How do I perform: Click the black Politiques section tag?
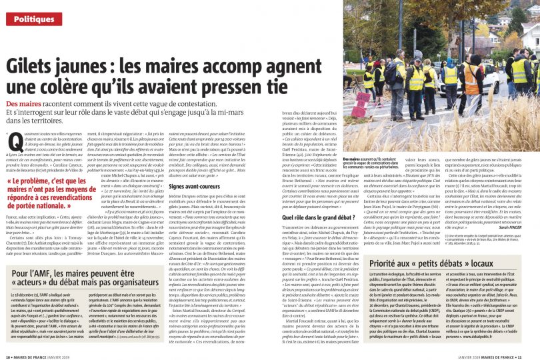pyautogui.click(x=34, y=19)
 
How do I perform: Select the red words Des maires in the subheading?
pyautogui.click(x=24, y=105)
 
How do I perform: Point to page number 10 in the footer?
pyautogui.click(x=8, y=355)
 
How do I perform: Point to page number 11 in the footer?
pyautogui.click(x=531, y=355)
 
